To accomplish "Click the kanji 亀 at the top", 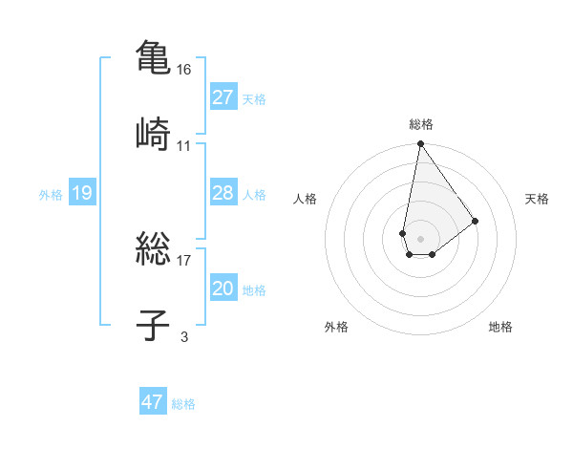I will click(x=153, y=58).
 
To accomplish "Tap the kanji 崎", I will click(x=153, y=133).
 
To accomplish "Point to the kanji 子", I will click(x=153, y=326).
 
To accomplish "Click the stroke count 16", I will click(x=185, y=71).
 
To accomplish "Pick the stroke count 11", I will click(x=184, y=146).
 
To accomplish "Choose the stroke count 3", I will click(x=184, y=336).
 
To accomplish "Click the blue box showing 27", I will click(x=223, y=97).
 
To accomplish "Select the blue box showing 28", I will click(x=223, y=193).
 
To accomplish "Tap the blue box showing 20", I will click(x=223, y=289).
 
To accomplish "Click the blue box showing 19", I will click(x=81, y=194).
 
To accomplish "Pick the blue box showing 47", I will click(x=153, y=402).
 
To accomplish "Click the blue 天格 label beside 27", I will click(x=254, y=98).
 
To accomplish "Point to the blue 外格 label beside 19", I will click(x=51, y=195).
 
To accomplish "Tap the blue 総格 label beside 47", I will click(x=183, y=404).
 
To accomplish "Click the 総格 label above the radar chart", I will click(x=420, y=124).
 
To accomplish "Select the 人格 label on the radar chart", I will click(x=306, y=199).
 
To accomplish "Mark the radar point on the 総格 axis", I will click(x=420, y=145).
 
